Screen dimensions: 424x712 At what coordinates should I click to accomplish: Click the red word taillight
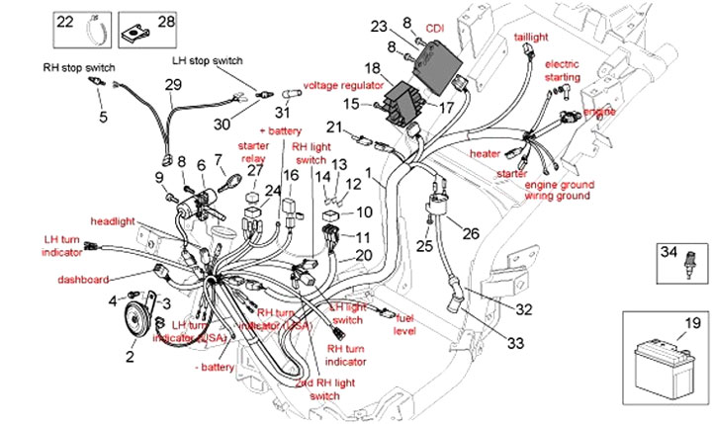pyautogui.click(x=530, y=38)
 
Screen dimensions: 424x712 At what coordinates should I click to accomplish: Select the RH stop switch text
pyautogui.click(x=79, y=67)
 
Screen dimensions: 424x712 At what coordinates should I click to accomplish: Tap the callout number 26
pyautogui.click(x=469, y=233)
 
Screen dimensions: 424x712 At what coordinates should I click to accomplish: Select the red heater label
pyautogui.click(x=485, y=154)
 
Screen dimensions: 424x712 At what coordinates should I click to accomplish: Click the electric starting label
pyautogui.click(x=563, y=71)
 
